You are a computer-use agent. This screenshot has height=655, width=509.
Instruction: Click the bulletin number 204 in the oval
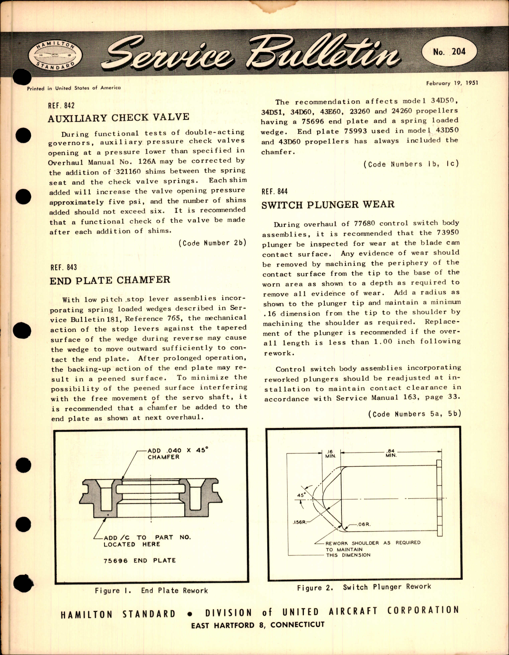coord(449,52)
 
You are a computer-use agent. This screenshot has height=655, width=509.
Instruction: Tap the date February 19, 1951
coord(452,83)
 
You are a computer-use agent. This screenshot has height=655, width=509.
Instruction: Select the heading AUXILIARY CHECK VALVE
coord(118,118)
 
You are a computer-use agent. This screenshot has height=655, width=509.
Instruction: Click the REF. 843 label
coord(63,267)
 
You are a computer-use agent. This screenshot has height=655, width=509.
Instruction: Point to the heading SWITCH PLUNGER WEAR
coord(328,205)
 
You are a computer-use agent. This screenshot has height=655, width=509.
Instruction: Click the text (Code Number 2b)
coord(212,243)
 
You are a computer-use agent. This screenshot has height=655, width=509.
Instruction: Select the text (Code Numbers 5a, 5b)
coord(414,414)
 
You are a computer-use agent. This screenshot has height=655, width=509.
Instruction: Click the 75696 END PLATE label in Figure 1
coord(140,561)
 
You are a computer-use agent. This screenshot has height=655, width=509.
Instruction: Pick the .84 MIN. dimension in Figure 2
coord(391,453)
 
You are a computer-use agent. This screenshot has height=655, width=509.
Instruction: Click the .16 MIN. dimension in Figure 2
coord(330,453)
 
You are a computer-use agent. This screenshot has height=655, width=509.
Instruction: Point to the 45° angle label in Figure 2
coord(301,495)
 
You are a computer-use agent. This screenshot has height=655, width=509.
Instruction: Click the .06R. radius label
coord(364,524)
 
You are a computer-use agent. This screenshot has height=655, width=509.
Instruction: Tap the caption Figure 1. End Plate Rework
coord(151,590)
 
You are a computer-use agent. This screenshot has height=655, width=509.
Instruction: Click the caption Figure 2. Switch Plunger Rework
coord(364,587)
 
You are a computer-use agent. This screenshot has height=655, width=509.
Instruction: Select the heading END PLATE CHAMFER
coord(110,280)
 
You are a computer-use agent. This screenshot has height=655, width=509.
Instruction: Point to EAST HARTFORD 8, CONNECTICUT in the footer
coord(258,625)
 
